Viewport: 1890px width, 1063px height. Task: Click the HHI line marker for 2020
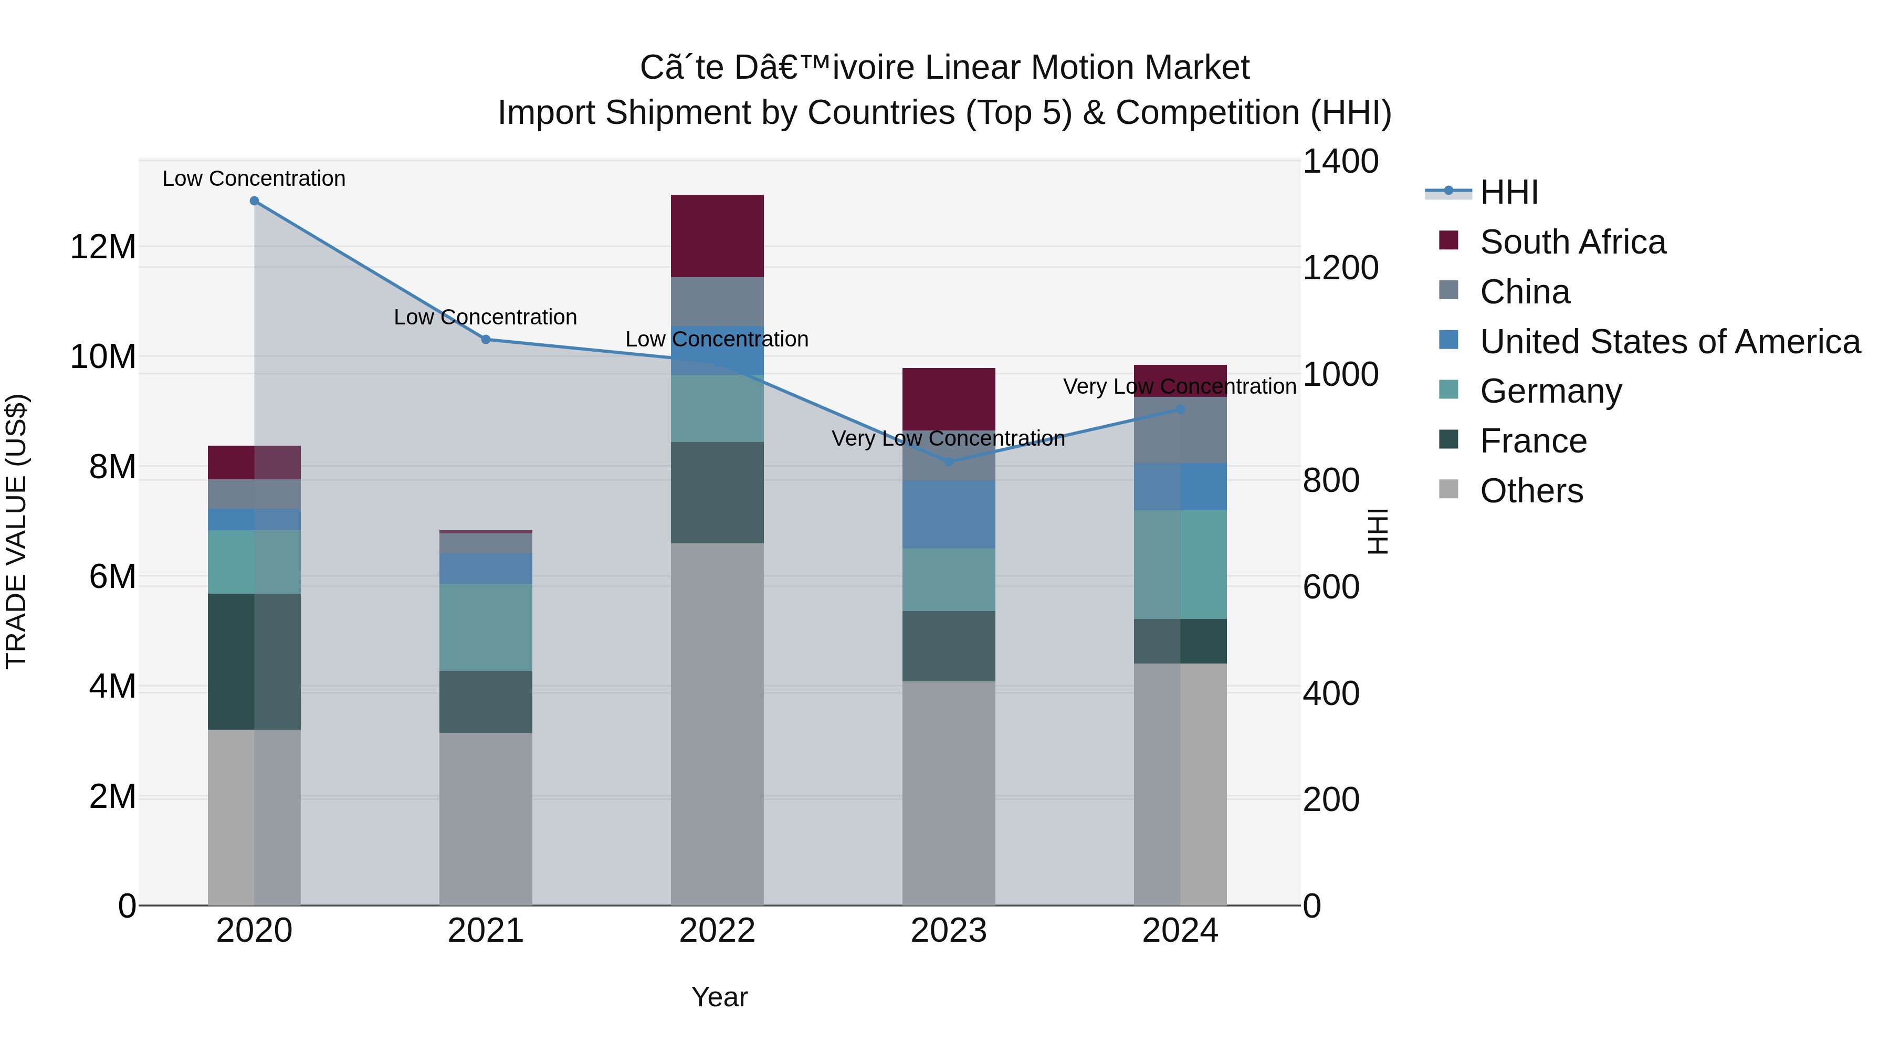254,201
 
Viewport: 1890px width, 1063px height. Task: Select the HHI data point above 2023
949,462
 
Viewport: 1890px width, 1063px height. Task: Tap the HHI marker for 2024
1181,409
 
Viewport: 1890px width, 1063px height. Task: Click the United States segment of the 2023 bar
949,514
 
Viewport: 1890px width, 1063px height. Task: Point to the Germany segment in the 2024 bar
1181,564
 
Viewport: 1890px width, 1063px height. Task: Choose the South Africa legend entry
1572,242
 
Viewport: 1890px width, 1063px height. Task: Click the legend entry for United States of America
1669,342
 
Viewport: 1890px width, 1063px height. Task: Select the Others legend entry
1531,491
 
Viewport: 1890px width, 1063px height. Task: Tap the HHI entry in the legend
1508,192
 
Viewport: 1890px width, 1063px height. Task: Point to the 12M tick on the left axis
103,247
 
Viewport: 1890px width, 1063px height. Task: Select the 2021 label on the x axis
486,931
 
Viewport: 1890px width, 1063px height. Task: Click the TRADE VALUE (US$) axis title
16,531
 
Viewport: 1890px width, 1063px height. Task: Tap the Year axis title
719,997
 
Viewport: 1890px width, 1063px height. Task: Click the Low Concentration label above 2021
486,317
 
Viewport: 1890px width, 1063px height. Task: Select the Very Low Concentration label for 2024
1179,386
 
